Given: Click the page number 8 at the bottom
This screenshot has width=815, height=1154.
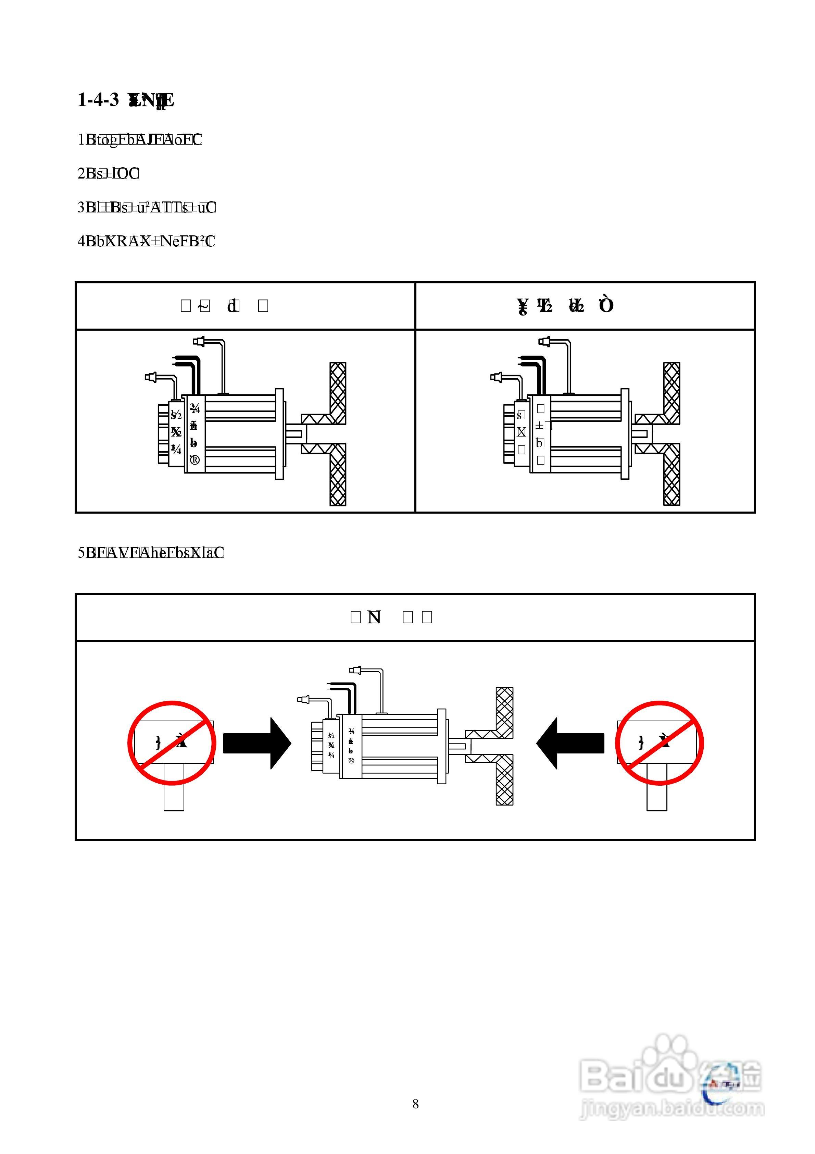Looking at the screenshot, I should tap(415, 1104).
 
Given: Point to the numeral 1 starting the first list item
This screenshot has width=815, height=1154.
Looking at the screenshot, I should tap(81, 140).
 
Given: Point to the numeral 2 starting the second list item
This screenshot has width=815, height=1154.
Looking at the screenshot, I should tap(81, 173).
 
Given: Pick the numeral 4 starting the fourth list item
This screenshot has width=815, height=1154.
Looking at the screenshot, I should tap(81, 241).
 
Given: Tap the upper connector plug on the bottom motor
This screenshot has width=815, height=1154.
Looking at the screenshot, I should tap(357, 670).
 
